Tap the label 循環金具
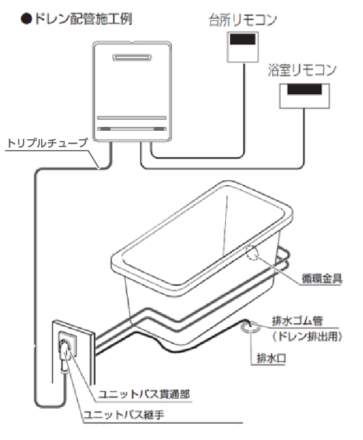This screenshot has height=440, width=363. tap(322, 278)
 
